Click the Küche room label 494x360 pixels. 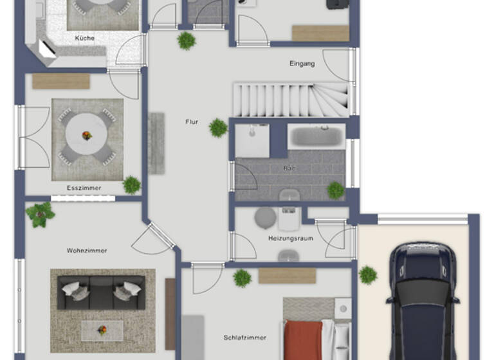coord(84,38)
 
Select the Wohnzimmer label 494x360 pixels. coord(87,250)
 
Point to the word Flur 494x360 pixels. coord(192,122)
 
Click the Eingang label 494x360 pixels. coord(302,64)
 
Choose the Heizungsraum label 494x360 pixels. coord(290,239)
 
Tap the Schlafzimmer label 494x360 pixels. coord(245,337)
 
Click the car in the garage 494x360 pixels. coord(422,302)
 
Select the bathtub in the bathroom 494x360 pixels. coord(316,136)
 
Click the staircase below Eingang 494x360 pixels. coord(289,99)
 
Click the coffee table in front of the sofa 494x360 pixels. coord(102,330)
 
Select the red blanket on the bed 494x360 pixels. coord(302,340)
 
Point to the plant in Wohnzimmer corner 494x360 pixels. coord(41,213)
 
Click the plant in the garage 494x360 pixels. coord(368,275)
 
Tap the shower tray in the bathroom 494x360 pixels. coord(252,141)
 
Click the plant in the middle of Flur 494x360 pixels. coord(218,128)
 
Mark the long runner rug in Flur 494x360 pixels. coord(156,143)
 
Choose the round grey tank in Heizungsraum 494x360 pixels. coord(265,218)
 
